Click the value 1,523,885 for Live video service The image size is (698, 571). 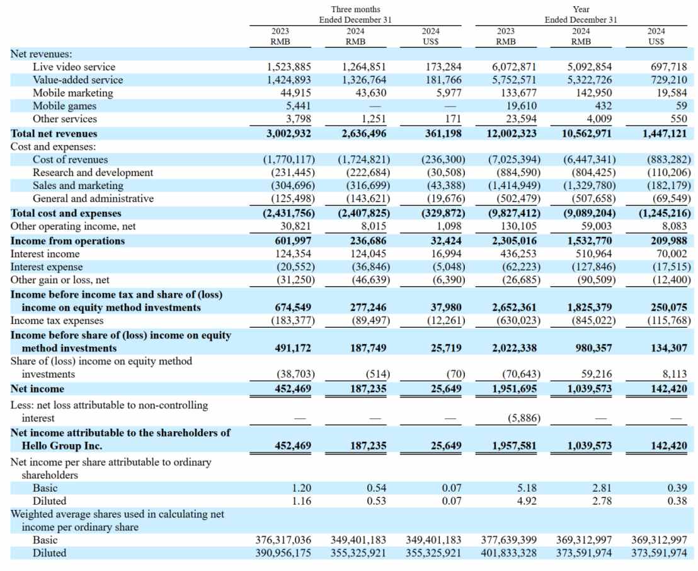[x=286, y=67]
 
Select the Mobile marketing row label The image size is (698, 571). [x=73, y=93]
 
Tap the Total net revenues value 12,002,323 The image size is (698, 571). [x=512, y=133]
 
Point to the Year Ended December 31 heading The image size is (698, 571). [x=581, y=14]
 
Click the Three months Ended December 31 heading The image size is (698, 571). [x=355, y=14]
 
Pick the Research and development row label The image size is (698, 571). [x=93, y=172]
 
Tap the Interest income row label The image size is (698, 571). [x=45, y=253]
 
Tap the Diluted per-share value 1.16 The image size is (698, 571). [x=300, y=500]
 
